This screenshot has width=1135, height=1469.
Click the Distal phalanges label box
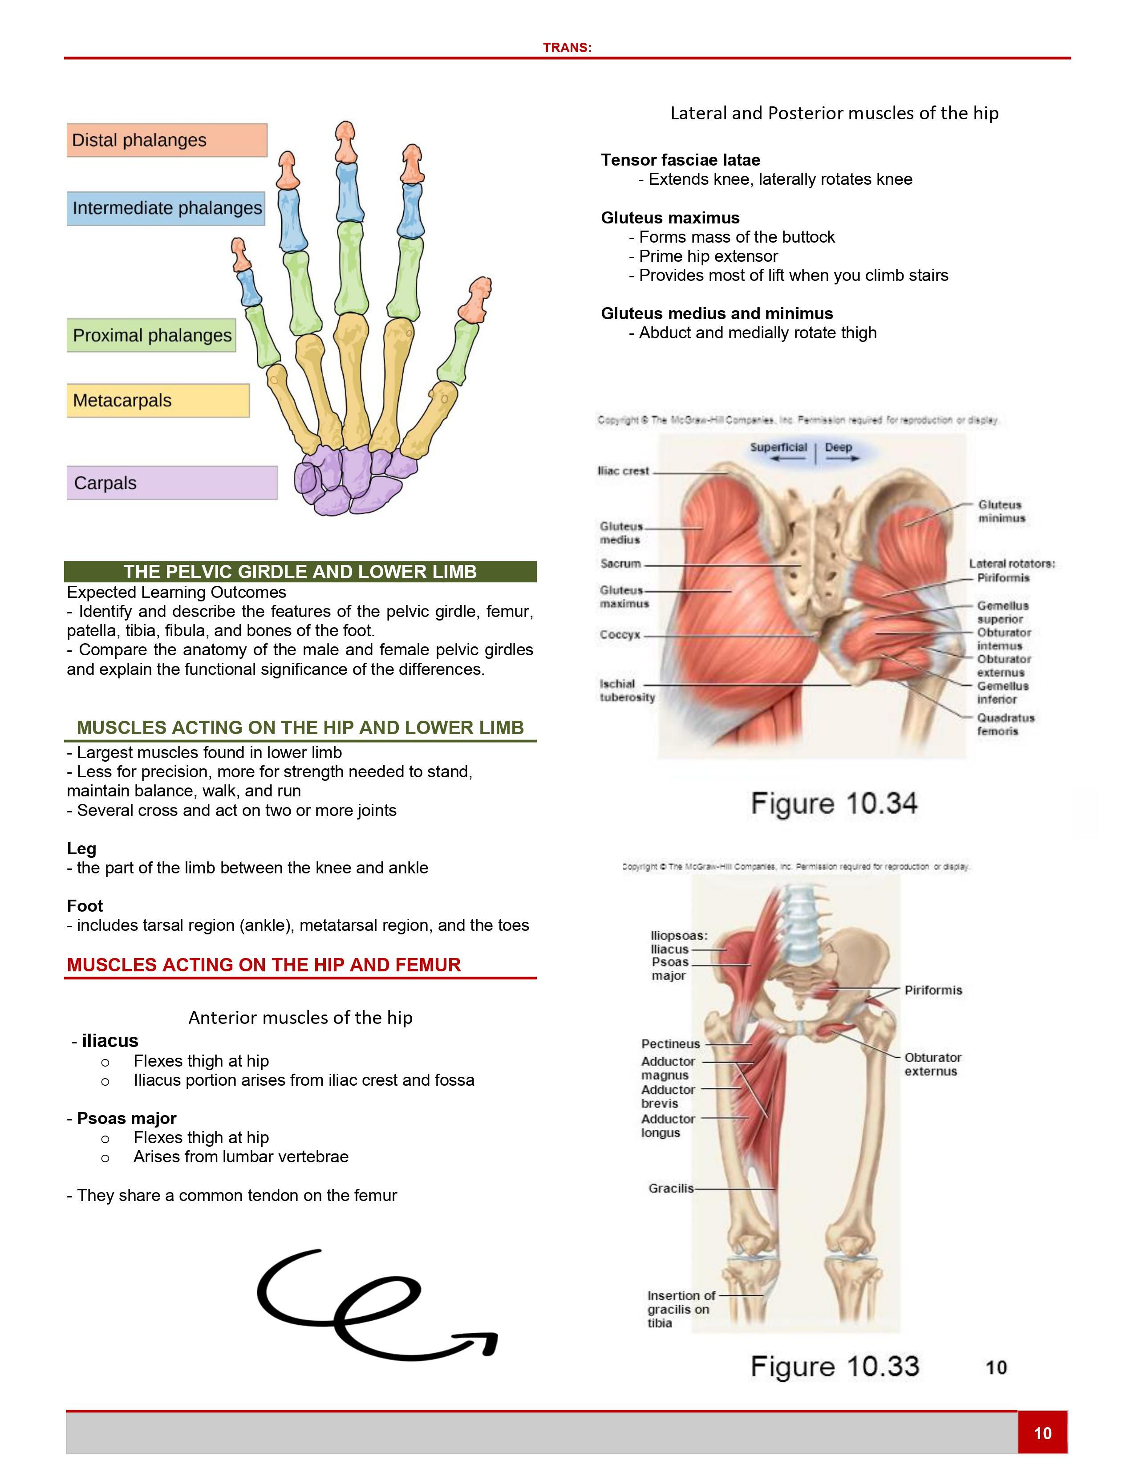click(167, 140)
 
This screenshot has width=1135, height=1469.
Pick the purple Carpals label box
click(171, 483)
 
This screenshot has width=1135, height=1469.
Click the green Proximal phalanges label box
click(151, 335)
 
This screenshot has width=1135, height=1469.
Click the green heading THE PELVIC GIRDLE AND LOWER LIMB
click(300, 572)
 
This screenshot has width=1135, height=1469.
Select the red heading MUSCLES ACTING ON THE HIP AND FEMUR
click(263, 965)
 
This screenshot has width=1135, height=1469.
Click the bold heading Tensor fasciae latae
click(681, 160)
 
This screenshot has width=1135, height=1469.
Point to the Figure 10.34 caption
click(834, 804)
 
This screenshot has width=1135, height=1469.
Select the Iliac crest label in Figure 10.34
click(623, 471)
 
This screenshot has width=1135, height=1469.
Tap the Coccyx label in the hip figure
click(620, 634)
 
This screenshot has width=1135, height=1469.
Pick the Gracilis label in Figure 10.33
click(670, 1189)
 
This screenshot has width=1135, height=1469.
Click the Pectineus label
click(670, 1044)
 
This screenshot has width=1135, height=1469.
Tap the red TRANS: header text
click(567, 48)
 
